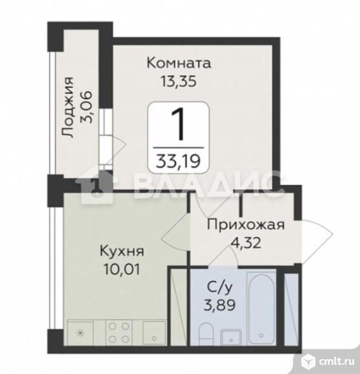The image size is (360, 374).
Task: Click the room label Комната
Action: [179, 64]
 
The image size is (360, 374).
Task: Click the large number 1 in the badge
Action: [179, 126]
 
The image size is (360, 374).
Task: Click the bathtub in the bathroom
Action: [261, 306]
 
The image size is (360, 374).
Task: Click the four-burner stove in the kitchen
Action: [119, 332]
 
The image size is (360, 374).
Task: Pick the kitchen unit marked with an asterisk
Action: [80, 333]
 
